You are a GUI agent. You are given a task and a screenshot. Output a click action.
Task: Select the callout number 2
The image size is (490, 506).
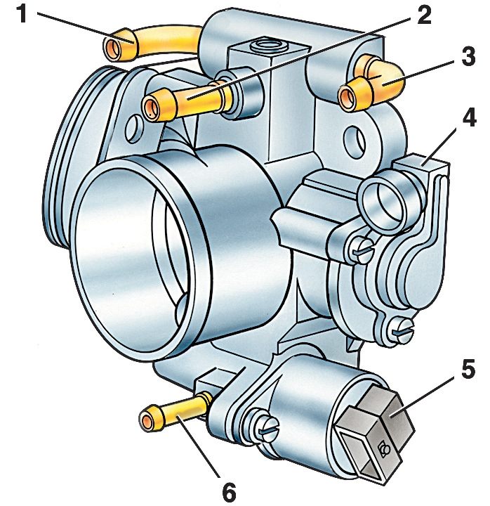click(423, 15)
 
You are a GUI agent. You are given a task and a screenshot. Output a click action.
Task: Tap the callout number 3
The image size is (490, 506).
click(468, 57)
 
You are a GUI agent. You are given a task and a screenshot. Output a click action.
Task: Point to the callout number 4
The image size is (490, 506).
click(469, 117)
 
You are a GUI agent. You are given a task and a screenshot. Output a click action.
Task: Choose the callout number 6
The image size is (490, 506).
click(229, 492)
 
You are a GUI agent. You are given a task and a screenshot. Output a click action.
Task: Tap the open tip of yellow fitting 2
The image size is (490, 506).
click(152, 109)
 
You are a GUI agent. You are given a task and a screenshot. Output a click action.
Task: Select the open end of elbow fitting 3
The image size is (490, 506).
click(347, 96)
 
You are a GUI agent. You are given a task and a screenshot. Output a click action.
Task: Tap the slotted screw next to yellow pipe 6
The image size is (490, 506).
click(265, 427)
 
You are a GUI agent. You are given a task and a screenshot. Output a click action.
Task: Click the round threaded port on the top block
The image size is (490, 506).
click(269, 45)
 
